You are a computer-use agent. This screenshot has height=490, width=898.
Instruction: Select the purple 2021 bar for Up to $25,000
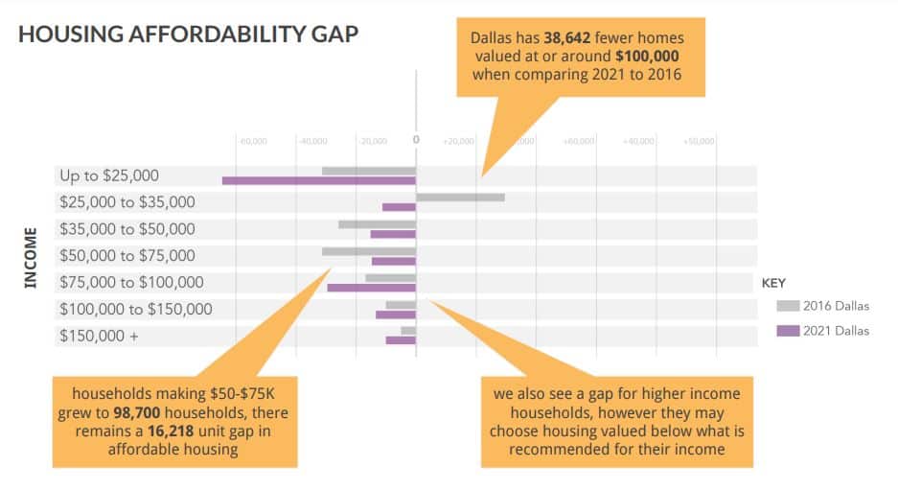(x=319, y=180)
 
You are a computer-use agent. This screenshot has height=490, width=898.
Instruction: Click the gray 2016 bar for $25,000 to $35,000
(x=460, y=198)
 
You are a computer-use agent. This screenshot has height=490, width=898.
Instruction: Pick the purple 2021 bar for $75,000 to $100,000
(x=371, y=287)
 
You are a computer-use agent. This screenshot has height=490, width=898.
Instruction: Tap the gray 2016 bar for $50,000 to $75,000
(x=369, y=251)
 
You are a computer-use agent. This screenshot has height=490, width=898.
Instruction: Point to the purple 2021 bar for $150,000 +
(x=401, y=339)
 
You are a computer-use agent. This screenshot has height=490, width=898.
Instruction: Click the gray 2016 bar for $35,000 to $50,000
(x=377, y=224)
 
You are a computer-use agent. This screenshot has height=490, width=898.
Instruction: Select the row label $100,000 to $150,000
(x=136, y=309)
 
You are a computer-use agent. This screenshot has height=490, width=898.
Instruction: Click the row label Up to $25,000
(x=109, y=175)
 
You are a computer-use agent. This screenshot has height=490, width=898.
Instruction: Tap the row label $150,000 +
(x=99, y=336)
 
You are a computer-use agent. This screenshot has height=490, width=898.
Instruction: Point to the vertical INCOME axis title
(x=30, y=257)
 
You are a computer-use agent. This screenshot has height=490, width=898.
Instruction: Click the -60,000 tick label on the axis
(x=251, y=141)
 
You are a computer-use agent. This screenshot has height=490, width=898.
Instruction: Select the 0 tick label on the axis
(x=416, y=140)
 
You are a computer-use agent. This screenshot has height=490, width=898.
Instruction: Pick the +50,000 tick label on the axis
(x=699, y=141)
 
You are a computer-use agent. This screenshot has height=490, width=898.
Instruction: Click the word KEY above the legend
(x=773, y=284)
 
